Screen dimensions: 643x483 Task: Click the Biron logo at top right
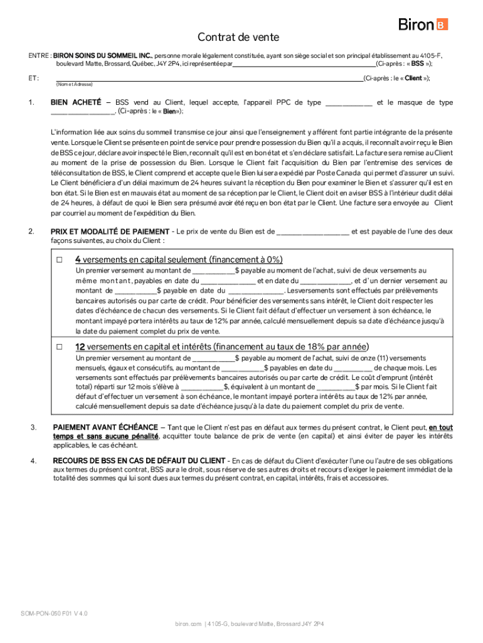(423, 24)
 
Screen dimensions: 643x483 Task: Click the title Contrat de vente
(238, 38)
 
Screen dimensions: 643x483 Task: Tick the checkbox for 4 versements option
(60, 259)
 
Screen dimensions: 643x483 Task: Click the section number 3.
(33, 428)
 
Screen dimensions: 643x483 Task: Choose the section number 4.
(33, 461)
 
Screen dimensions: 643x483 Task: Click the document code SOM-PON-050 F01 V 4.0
(54, 613)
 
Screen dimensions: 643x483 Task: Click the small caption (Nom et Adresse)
(74, 84)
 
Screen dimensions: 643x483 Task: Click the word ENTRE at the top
(38, 55)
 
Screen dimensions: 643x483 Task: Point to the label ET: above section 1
(33, 78)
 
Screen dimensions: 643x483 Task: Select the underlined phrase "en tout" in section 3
(441, 428)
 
